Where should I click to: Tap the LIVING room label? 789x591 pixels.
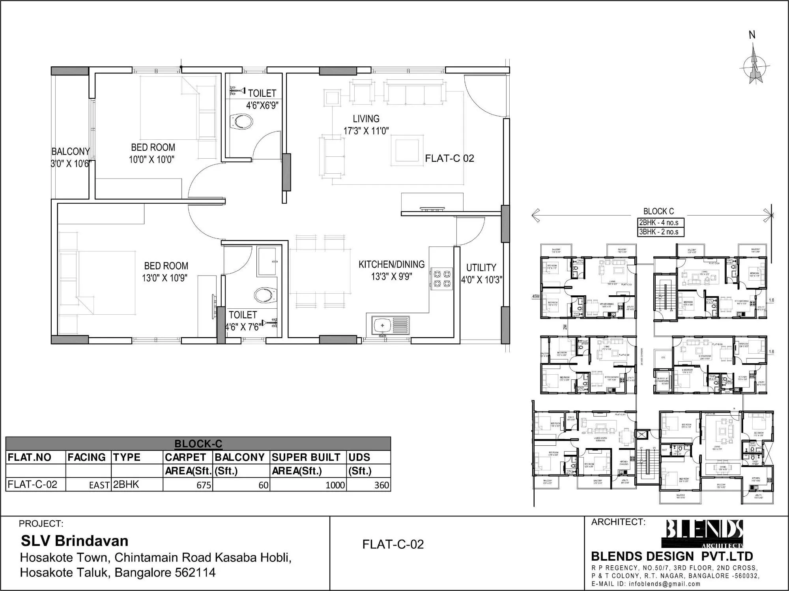point(366,119)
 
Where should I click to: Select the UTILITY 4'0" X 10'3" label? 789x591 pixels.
point(481,274)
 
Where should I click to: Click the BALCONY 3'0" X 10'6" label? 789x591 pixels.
point(71,158)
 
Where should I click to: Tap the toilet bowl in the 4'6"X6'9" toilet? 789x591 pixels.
point(241,122)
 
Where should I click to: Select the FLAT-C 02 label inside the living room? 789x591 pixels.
point(449,158)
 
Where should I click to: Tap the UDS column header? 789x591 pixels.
point(359,457)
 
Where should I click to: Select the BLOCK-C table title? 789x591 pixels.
point(198,444)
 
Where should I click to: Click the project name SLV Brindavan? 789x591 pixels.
point(75,541)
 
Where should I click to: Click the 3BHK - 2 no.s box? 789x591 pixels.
point(661,232)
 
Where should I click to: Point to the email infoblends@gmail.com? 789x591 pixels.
point(665,584)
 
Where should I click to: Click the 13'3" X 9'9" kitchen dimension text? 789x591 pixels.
point(391,276)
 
